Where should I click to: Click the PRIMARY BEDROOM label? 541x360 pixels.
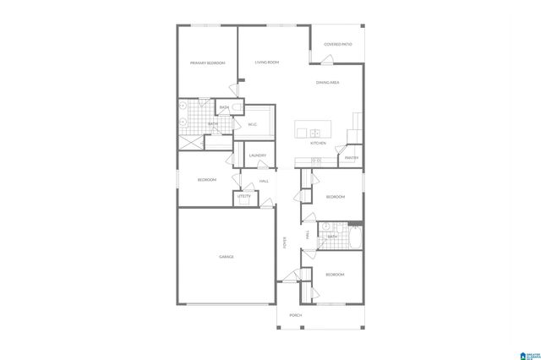pos(207,63)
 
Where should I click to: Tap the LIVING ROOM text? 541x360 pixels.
pos(267,63)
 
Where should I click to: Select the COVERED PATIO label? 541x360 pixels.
pos(338,44)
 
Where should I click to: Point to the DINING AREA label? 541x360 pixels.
pos(328,82)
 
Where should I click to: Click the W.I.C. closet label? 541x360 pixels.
pos(252,124)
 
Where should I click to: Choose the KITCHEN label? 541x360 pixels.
pos(318,144)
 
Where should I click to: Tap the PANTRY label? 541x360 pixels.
pos(352,158)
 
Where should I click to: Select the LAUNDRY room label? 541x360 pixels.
pos(258,155)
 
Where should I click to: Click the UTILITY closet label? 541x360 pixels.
pos(243,196)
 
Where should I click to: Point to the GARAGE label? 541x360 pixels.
pos(227,256)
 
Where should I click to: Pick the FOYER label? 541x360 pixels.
pos(285,243)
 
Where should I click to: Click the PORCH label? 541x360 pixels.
pos(295,315)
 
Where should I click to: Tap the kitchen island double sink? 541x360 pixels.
pos(314,132)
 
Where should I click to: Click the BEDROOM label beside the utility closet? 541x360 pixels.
pos(207,180)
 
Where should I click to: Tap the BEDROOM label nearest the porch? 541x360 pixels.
pos(336,275)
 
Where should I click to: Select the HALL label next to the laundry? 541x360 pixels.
pos(264,182)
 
